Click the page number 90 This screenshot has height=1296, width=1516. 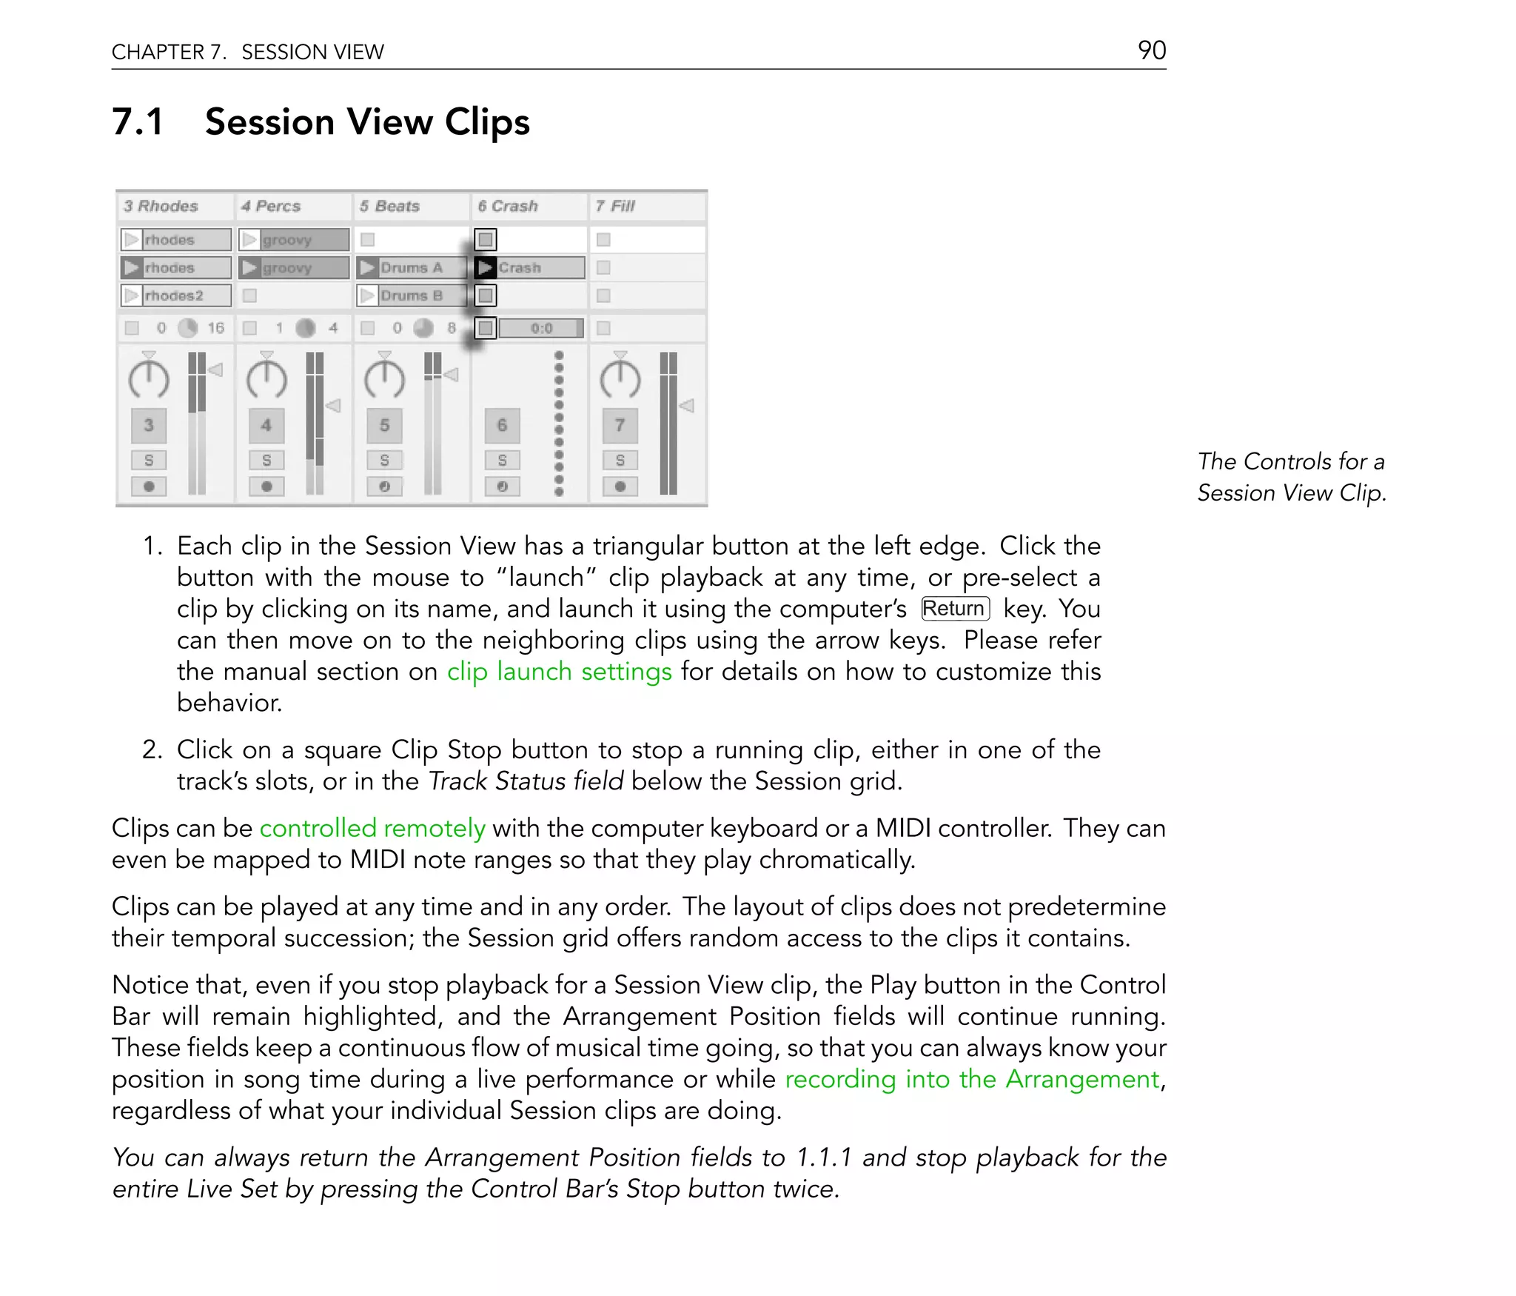(1151, 50)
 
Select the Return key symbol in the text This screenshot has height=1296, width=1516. (955, 609)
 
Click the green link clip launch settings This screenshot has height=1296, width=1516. (559, 672)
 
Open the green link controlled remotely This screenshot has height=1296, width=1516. (372, 828)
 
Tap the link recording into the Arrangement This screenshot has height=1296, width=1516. (971, 1079)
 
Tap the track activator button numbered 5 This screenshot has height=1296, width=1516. (384, 425)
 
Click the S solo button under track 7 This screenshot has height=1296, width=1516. (620, 460)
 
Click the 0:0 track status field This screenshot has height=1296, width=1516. (540, 328)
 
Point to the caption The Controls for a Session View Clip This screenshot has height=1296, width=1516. (1291, 477)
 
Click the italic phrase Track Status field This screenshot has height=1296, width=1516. (526, 781)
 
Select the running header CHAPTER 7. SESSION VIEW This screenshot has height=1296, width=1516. (248, 52)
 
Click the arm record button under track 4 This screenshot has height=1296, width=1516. (266, 487)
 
